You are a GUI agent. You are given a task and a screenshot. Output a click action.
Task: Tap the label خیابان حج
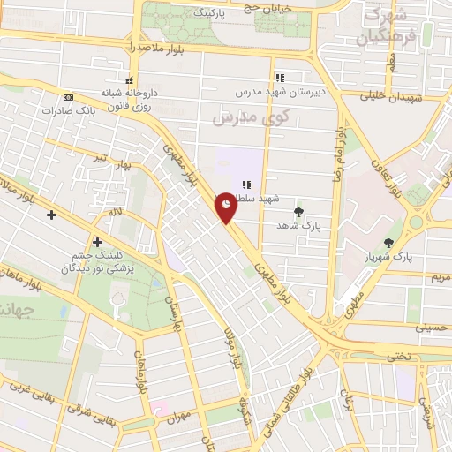267,8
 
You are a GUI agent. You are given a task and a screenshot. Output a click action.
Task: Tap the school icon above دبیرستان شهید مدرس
279,78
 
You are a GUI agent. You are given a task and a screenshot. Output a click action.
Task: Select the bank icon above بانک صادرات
68,97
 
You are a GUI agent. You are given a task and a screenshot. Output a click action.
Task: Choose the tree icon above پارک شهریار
389,243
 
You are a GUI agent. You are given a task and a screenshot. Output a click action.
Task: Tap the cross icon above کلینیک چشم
96,242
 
